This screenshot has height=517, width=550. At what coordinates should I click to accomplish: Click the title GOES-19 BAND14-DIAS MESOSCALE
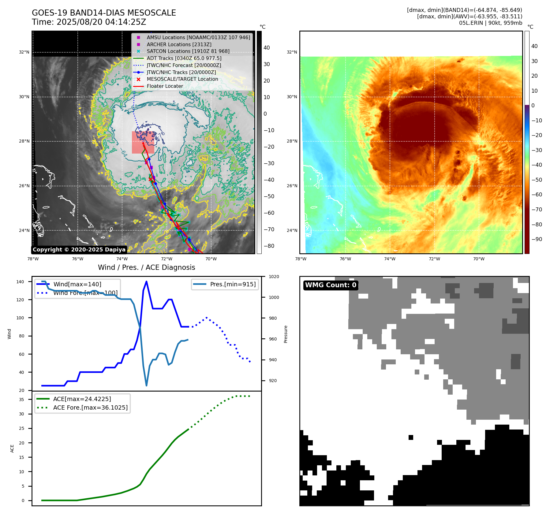104,13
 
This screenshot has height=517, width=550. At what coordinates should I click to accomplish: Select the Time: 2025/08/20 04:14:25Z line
89,22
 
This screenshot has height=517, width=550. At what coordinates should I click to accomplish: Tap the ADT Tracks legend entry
184,58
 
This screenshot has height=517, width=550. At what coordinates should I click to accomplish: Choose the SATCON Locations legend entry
188,51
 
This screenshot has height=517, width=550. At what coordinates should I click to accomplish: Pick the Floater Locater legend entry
165,86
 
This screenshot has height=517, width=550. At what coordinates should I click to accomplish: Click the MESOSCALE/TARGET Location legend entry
182,79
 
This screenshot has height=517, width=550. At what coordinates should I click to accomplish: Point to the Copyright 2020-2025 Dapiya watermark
79,250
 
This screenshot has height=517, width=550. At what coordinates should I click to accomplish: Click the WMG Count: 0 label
331,285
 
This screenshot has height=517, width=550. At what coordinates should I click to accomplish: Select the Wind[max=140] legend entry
77,284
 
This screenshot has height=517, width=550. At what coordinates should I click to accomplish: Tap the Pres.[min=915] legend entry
233,284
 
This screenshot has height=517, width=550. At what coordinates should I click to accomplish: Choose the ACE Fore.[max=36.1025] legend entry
90,407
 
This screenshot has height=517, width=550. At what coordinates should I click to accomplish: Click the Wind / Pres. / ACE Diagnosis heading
146,267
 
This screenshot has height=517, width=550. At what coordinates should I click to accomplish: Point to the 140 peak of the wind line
146,281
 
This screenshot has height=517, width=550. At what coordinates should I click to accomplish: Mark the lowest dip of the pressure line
146,385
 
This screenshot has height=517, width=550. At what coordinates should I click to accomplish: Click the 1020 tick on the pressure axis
274,277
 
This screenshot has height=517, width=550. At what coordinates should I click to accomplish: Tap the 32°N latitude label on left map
24,52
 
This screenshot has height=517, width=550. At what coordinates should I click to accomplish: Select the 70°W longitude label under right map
479,259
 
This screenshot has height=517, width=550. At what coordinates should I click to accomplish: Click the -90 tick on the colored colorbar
537,239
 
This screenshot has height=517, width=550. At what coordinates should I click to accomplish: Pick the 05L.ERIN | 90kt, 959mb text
490,23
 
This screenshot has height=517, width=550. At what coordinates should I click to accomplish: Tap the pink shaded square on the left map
143,142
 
